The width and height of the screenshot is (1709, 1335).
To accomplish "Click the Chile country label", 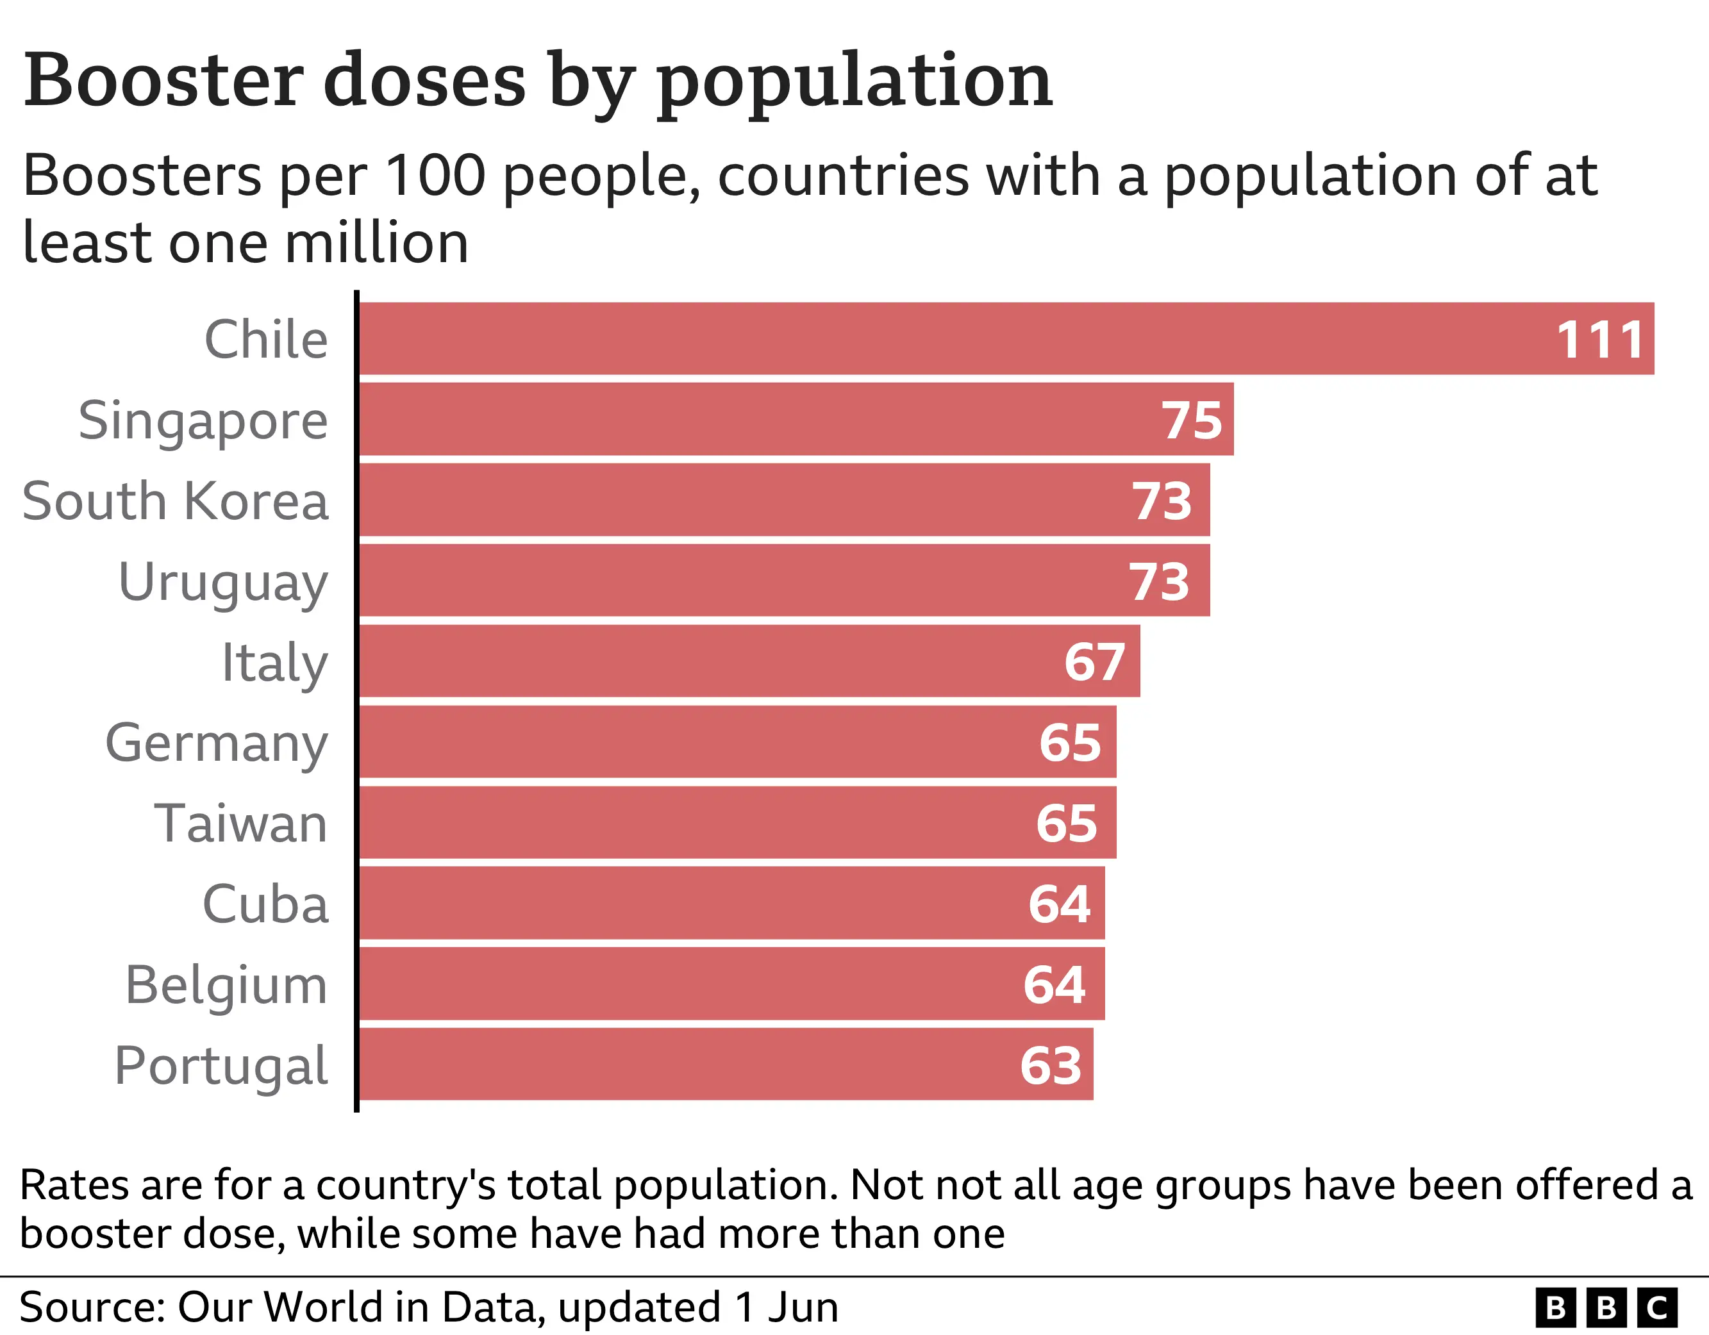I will [266, 340].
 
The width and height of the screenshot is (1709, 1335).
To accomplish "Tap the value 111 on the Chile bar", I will [1599, 340].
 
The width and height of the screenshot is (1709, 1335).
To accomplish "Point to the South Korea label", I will [175, 501].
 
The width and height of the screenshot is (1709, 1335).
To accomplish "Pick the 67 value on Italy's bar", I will [1094, 662].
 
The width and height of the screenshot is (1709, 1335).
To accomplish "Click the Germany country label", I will [217, 743].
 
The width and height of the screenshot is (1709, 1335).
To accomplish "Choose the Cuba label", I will [265, 904].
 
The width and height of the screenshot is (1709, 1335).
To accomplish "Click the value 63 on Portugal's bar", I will [1050, 1066].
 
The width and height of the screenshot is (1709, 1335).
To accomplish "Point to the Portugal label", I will [221, 1066].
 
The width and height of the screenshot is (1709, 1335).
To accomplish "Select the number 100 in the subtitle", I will [436, 176].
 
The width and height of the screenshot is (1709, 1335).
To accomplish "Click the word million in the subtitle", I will [376, 243].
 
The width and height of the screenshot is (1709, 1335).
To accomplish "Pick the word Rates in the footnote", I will [74, 1185].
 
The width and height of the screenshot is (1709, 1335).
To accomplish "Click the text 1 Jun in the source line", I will [787, 1307].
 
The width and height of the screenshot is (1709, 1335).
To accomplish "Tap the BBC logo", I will [1606, 1307].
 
